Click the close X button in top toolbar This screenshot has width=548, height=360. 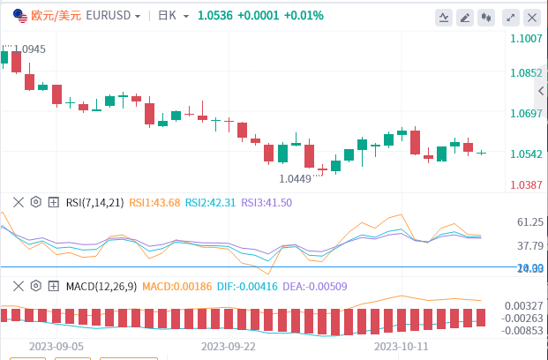click(x=532, y=17)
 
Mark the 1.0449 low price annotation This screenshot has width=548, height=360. click(x=295, y=178)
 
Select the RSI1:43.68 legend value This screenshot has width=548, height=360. click(x=154, y=202)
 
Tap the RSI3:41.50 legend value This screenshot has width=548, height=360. click(x=266, y=202)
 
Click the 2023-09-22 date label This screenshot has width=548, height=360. click(x=229, y=348)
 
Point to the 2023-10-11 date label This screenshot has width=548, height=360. click(x=402, y=348)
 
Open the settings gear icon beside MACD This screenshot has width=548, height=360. click(x=36, y=285)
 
